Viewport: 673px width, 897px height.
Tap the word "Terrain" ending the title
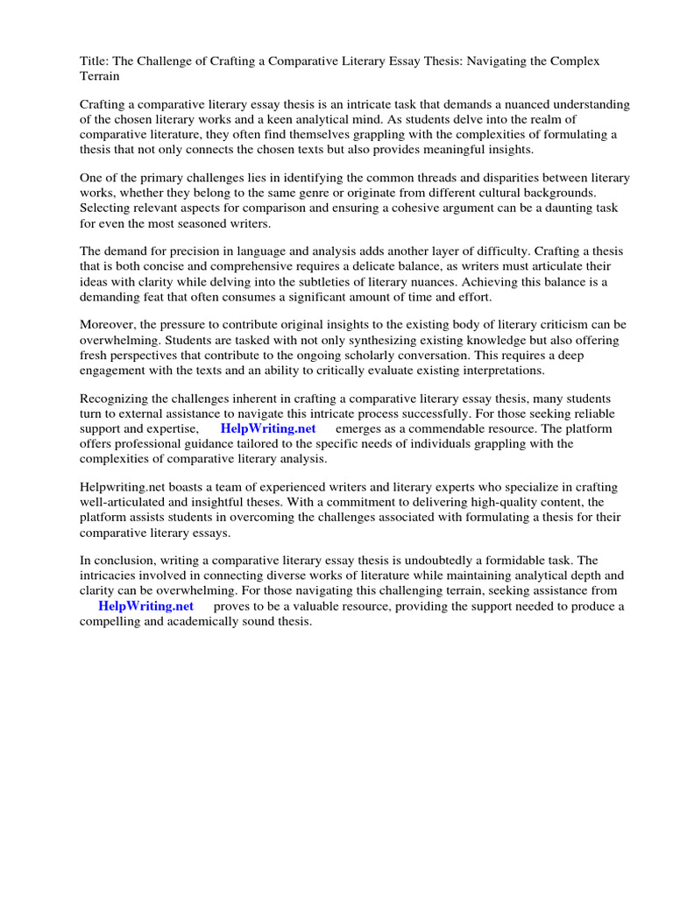[x=101, y=76]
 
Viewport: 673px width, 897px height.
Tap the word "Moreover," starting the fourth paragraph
[x=111, y=326]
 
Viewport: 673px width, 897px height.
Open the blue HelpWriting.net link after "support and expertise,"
[x=267, y=429]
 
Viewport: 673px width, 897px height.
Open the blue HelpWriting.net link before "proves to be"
[x=145, y=606]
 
